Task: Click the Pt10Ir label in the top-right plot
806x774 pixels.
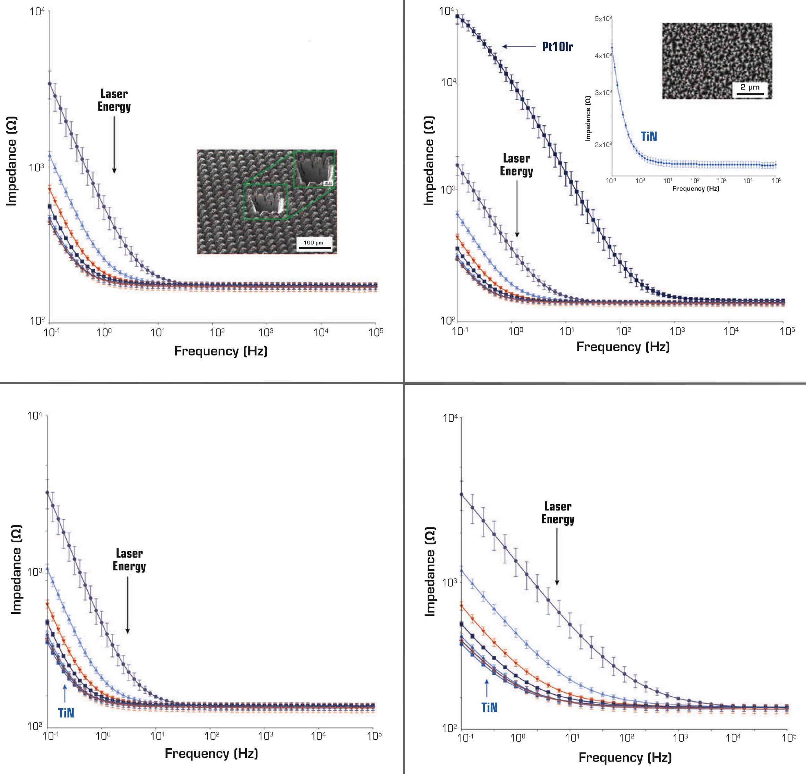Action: point(557,47)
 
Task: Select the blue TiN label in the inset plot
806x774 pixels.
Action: point(649,137)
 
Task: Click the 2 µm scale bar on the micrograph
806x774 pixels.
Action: point(750,94)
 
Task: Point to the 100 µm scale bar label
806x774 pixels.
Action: point(314,243)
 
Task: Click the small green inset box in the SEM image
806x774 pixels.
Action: point(265,201)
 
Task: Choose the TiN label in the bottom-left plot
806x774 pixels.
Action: point(66,713)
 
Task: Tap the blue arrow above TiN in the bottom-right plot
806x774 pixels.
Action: point(487,688)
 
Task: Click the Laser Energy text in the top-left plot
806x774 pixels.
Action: point(114,100)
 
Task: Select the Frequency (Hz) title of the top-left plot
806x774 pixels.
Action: point(221,351)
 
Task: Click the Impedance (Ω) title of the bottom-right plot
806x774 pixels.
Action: point(429,572)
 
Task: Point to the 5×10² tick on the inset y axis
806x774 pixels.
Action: point(603,19)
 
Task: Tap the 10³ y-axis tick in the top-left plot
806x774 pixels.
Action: point(37,166)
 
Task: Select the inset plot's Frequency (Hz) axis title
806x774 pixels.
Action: point(695,188)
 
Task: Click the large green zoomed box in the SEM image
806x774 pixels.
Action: point(315,169)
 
